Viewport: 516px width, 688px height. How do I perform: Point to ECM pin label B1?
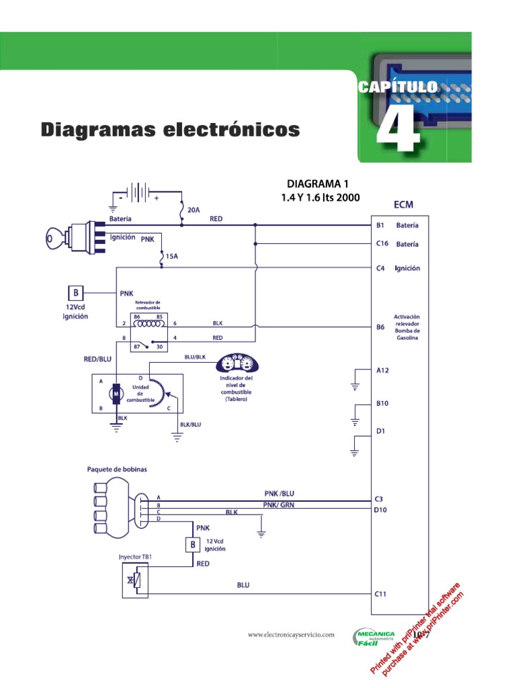click(x=380, y=226)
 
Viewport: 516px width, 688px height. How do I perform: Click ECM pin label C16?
click(x=382, y=244)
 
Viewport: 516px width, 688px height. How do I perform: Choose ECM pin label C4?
click(x=380, y=268)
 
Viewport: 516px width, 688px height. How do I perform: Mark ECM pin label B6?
click(x=380, y=328)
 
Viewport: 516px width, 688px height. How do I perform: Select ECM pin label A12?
click(x=382, y=370)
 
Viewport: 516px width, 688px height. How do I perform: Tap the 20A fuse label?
click(x=193, y=210)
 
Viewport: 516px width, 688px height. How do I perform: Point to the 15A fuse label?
click(x=172, y=256)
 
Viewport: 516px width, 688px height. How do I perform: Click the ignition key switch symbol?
click(x=73, y=238)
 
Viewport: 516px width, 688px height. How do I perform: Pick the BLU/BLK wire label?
click(x=196, y=357)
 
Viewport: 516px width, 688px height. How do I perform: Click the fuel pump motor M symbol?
click(x=116, y=393)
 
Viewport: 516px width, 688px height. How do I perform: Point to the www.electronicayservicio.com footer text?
click(x=291, y=634)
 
